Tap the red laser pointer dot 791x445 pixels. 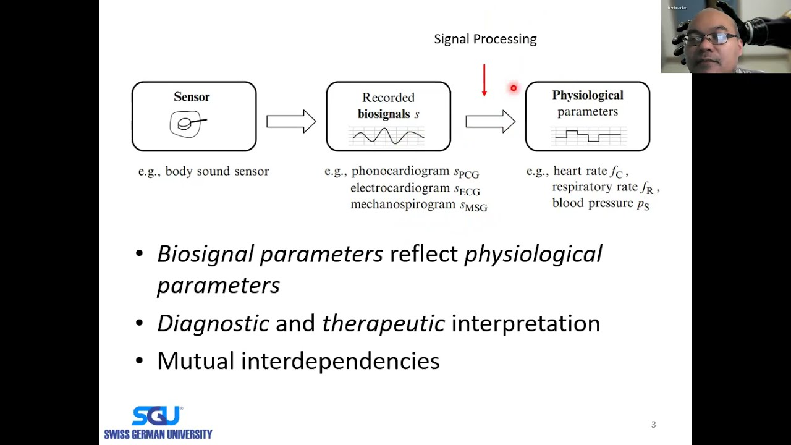click(x=513, y=88)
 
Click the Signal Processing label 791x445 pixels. click(x=485, y=39)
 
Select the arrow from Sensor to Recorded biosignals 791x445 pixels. click(x=291, y=122)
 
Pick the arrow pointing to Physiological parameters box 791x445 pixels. click(x=490, y=122)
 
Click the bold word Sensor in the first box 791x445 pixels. click(x=192, y=97)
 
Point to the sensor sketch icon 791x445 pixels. click(x=187, y=124)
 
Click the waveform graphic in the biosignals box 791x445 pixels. click(x=388, y=135)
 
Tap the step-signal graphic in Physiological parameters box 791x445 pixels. click(x=588, y=135)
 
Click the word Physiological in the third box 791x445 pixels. click(x=587, y=95)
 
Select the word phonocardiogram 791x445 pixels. click(x=400, y=171)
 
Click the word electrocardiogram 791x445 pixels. click(x=400, y=188)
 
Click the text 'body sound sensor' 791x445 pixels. click(x=217, y=171)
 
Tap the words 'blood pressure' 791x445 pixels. click(x=592, y=203)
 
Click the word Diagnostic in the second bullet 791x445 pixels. click(x=213, y=323)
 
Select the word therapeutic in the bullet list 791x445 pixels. click(x=383, y=323)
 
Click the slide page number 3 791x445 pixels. click(x=653, y=425)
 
